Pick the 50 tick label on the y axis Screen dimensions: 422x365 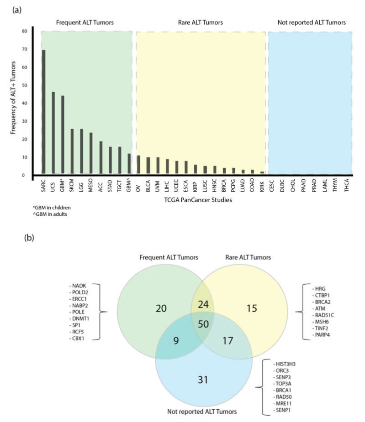pos(25,85)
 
